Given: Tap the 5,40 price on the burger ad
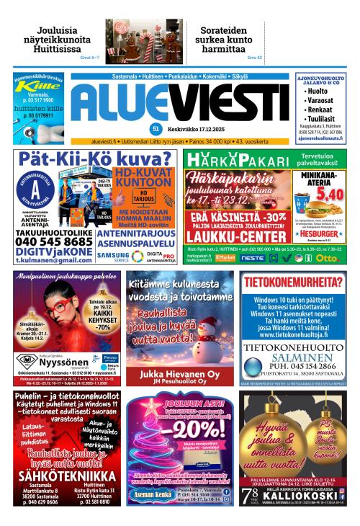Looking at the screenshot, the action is pos(328,194).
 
